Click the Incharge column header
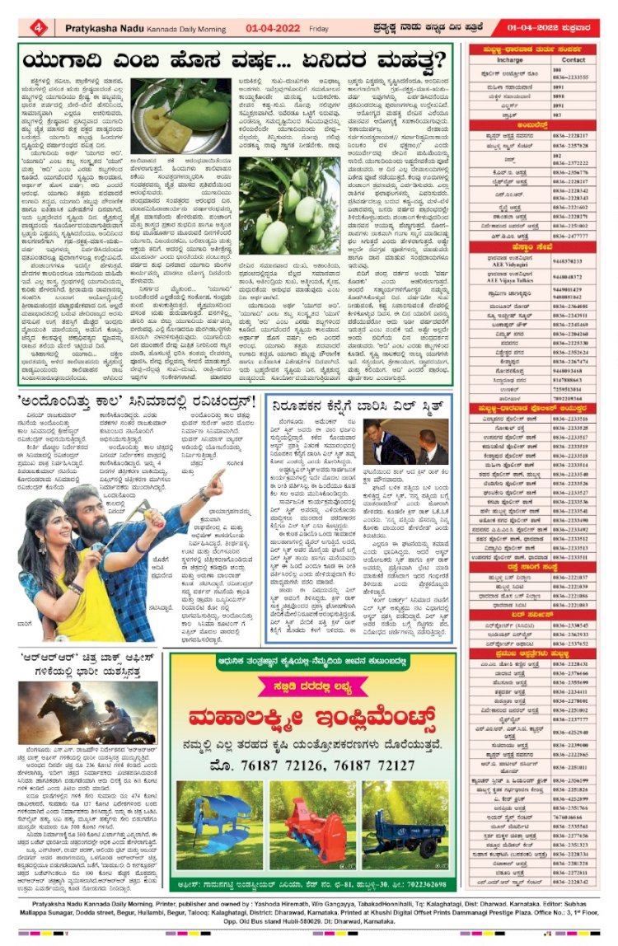pyautogui.click(x=510, y=60)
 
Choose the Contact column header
pyautogui.click(x=574, y=60)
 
